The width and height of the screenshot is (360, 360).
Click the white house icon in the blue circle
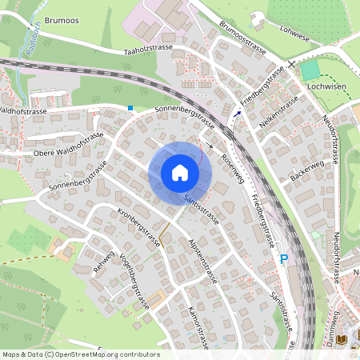179,173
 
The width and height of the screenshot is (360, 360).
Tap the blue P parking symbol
283,259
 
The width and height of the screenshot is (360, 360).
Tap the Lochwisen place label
326,83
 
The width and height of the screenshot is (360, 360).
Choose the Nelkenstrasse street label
279,113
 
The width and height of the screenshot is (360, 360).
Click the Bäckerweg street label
307,172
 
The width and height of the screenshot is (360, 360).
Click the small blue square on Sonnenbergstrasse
130,108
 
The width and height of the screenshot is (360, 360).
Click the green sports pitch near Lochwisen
310,70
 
